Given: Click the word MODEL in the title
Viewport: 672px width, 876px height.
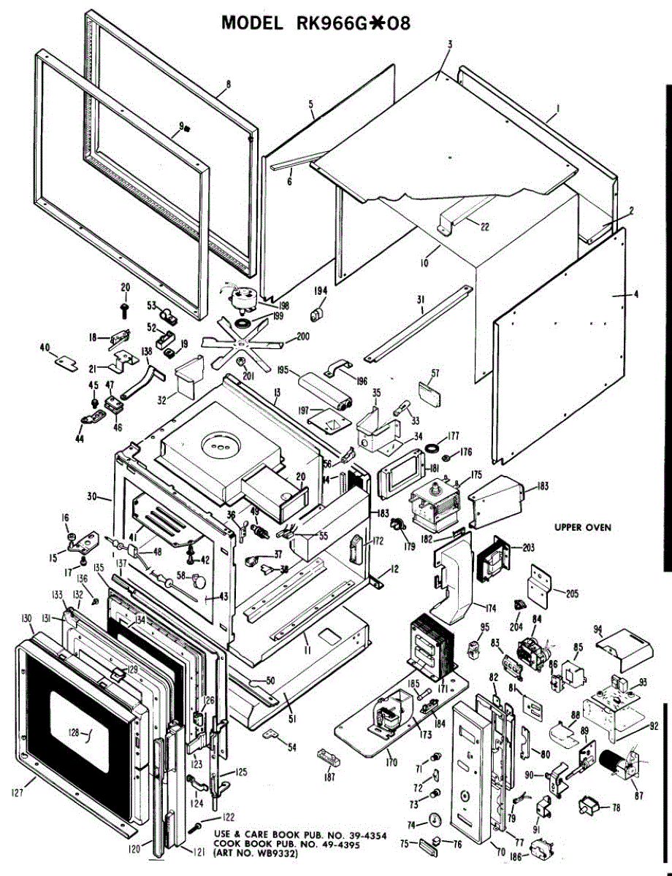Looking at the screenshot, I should pyautogui.click(x=252, y=23).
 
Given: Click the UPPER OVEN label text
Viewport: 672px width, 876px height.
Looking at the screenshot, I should pyautogui.click(x=582, y=526).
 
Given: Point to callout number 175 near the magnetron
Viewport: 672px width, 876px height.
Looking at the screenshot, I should pyautogui.click(x=476, y=474).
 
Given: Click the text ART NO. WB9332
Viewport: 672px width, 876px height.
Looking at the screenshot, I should pyautogui.click(x=255, y=853).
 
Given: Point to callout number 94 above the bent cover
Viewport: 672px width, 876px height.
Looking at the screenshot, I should pyautogui.click(x=597, y=629).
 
